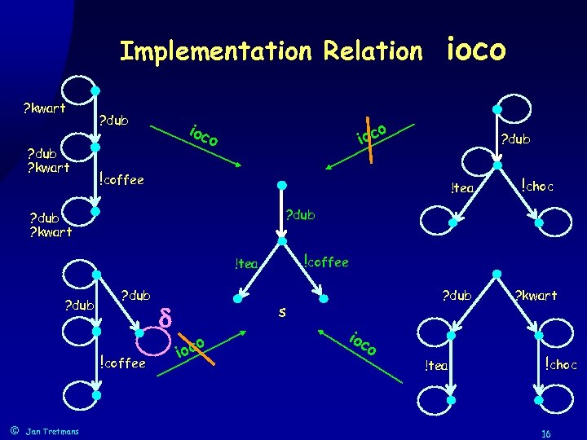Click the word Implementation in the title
point(214,52)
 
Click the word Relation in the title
point(373,52)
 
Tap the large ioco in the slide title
point(477,49)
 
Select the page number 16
point(546,433)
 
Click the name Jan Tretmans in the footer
point(53,431)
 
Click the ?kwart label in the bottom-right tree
point(535,295)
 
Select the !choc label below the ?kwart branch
point(561,364)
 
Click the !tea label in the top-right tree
point(462,189)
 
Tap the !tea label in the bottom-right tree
point(435,366)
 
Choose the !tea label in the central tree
point(245,263)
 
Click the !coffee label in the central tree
point(325,262)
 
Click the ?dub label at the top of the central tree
point(298,216)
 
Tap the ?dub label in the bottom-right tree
point(457,295)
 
